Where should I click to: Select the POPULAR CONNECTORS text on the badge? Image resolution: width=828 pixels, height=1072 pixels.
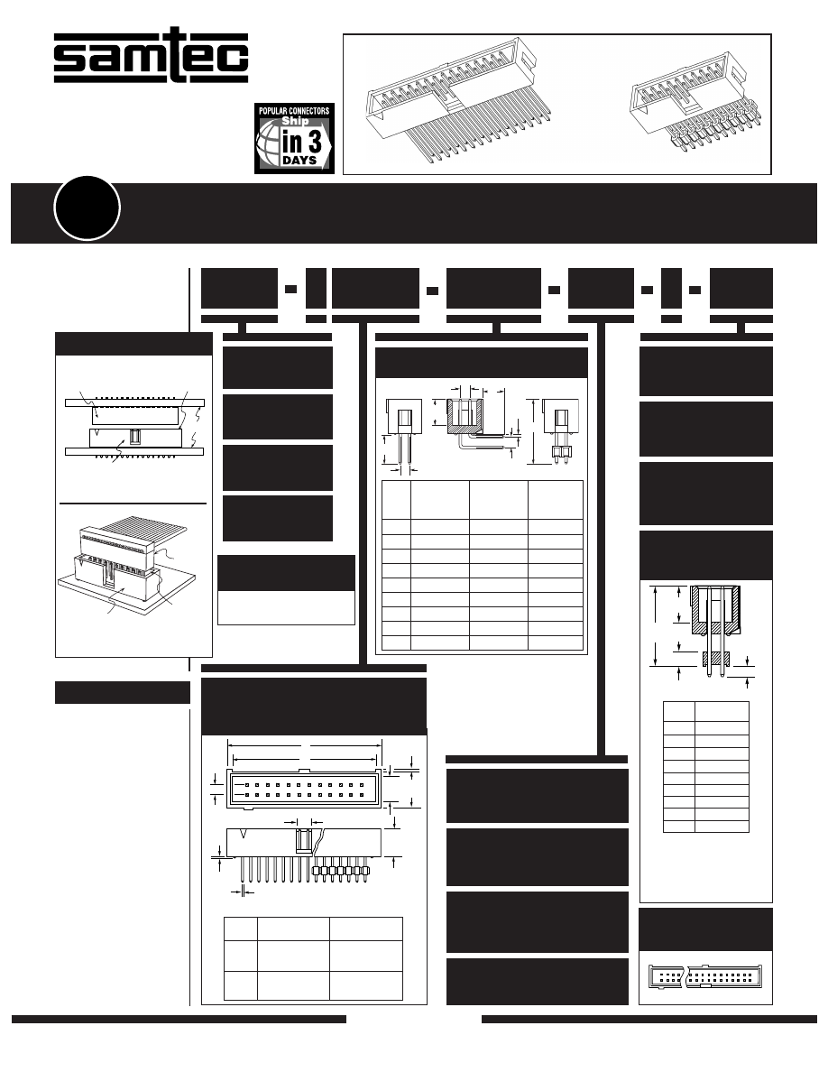pos(294,110)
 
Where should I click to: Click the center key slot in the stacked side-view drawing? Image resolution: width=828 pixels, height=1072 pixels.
pos(135,438)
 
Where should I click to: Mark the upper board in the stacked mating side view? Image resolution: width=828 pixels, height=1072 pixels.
pos(135,402)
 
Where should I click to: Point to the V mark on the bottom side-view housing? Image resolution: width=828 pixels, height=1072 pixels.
pos(244,834)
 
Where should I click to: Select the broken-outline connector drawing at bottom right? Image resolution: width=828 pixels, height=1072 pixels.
pos(705,976)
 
